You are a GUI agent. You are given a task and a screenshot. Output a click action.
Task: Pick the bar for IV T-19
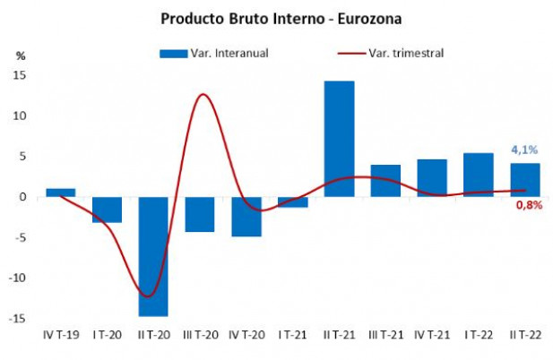coord(60,193)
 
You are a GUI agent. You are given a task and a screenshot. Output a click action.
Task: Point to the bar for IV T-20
coord(246,216)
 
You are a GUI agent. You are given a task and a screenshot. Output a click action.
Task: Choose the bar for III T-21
coord(385,180)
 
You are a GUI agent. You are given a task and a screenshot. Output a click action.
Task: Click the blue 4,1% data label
coord(524,150)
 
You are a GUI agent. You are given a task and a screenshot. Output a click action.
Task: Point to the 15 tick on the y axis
coord(18,75)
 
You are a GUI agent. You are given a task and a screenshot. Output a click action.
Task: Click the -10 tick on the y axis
coord(16,278)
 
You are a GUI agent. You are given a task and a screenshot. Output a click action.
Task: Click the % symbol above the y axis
coord(20,56)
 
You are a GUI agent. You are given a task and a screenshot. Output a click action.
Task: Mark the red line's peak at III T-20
coord(204,94)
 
